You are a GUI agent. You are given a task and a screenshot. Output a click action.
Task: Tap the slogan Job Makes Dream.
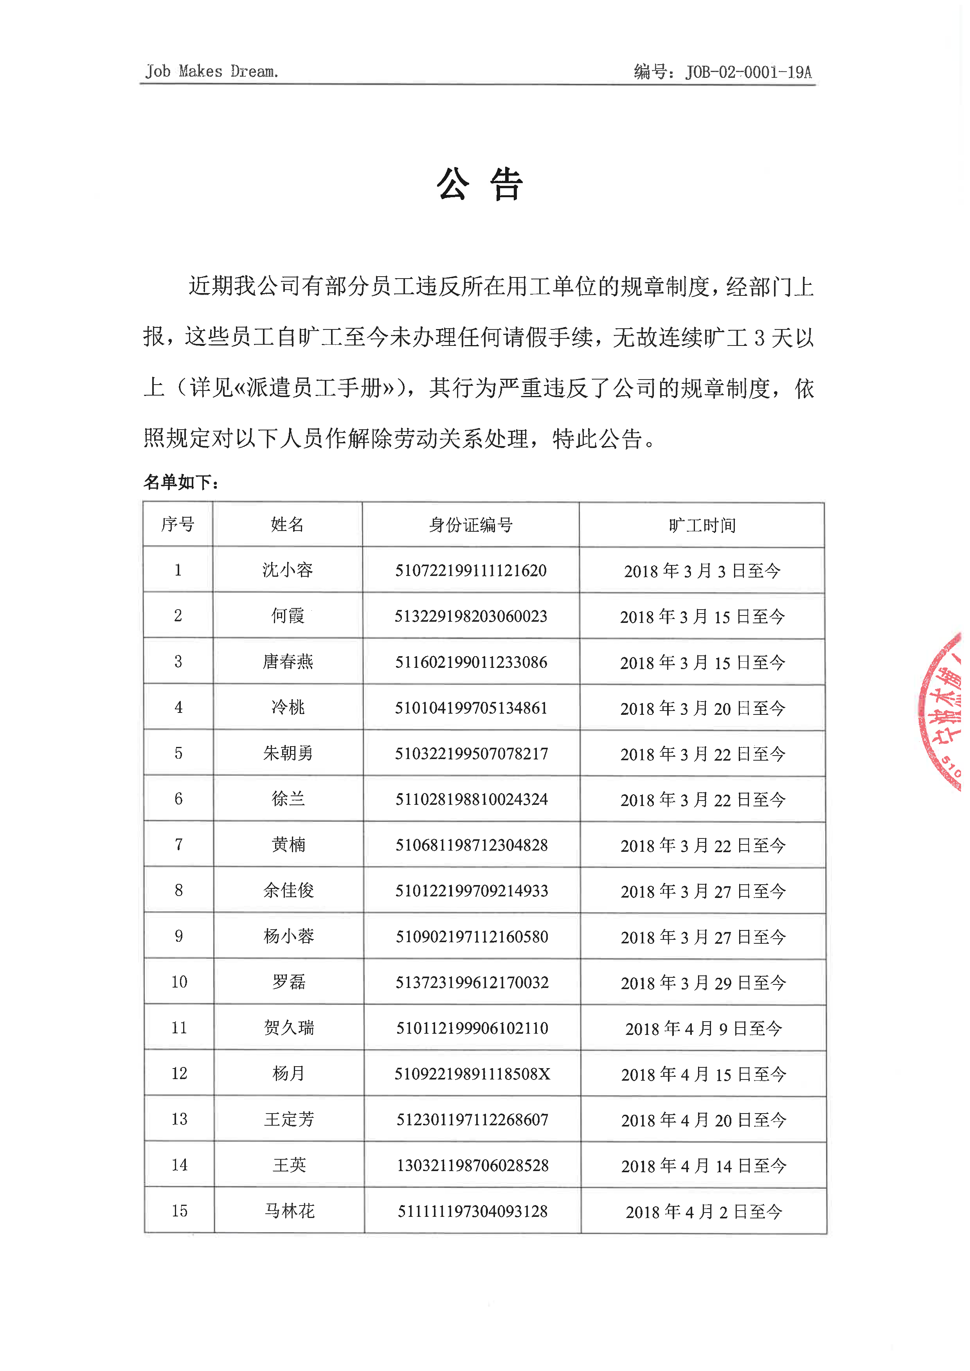[x=211, y=72]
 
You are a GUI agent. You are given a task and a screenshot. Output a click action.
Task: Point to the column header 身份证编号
[x=471, y=525]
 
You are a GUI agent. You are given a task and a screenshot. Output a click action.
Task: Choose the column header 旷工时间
[x=702, y=525]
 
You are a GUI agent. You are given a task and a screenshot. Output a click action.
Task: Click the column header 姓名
[x=287, y=525]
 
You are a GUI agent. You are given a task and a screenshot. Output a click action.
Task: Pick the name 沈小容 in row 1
[x=287, y=570]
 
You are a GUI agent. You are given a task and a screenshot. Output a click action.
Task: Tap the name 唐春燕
[x=288, y=662]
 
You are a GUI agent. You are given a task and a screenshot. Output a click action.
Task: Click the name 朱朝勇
[x=288, y=754]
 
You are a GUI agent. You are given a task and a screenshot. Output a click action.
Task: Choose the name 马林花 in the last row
[x=289, y=1211]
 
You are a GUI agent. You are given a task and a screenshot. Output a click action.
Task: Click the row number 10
[x=179, y=982]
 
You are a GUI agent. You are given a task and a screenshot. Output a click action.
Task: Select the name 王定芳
[x=289, y=1119]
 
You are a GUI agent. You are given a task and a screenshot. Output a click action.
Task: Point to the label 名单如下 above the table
[x=180, y=482]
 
